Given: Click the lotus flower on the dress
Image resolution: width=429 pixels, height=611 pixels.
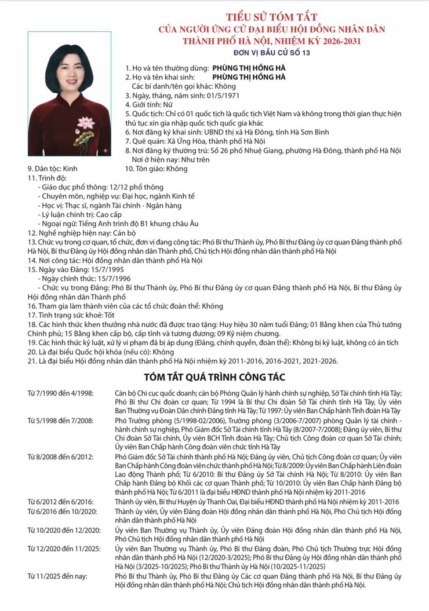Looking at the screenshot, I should coord(85,123).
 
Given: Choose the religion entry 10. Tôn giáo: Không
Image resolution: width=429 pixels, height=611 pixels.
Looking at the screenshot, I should coord(157,169).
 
